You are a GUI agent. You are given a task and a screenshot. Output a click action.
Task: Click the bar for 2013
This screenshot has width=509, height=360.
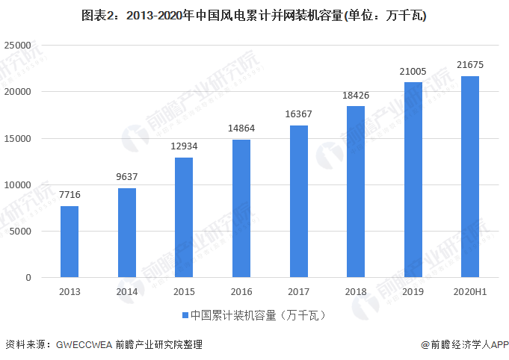click(70, 241)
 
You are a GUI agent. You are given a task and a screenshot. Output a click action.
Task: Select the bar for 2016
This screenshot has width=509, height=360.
click(241, 208)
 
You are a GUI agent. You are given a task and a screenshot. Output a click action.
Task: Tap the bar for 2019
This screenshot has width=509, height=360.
click(413, 180)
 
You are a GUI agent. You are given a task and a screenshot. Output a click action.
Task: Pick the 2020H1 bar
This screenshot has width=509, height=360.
click(470, 177)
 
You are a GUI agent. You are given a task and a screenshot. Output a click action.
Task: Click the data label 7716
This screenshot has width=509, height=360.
click(70, 195)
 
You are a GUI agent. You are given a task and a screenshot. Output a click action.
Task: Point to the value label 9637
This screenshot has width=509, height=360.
click(127, 177)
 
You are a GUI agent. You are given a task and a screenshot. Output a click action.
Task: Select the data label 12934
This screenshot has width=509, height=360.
click(184, 146)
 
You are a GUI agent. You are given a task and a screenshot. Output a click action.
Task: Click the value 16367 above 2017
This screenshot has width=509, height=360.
click(299, 114)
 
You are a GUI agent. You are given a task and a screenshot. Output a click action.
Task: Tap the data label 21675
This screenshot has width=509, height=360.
click(470, 66)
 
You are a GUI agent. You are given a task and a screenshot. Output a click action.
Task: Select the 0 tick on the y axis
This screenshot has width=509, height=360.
click(28, 278)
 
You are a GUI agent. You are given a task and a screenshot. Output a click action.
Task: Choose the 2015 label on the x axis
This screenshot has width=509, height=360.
click(184, 292)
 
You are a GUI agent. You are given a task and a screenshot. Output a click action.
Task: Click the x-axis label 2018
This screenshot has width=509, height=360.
click(356, 292)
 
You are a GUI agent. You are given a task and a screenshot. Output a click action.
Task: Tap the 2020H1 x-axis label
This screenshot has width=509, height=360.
click(470, 292)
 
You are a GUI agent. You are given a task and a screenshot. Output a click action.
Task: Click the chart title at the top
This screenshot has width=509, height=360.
click(254, 15)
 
